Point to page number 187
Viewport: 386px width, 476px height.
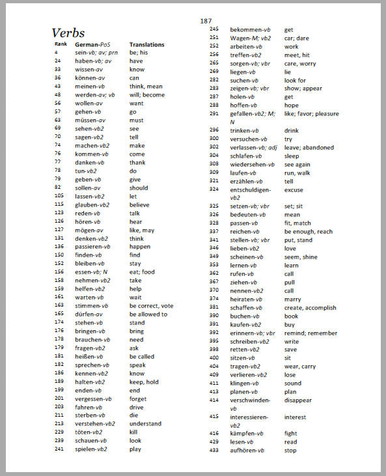tap(206, 21)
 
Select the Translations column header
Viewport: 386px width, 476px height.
tap(146, 44)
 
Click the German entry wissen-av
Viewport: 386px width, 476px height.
tap(89, 69)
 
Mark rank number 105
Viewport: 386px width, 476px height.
tap(59, 196)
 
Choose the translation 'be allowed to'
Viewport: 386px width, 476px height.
tap(148, 314)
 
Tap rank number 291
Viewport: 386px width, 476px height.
tap(214, 113)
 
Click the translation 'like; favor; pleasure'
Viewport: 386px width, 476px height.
tap(311, 113)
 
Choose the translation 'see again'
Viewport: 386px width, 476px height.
tap(300, 165)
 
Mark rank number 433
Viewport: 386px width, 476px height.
tap(214, 450)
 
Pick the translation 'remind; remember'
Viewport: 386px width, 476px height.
tap(310, 333)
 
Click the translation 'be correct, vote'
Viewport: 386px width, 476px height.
tap(151, 305)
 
